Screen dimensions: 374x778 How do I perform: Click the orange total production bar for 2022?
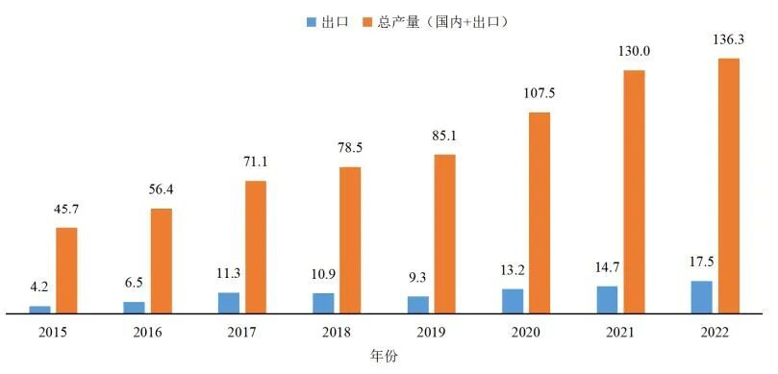click(x=728, y=186)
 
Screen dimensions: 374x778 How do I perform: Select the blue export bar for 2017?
click(x=229, y=303)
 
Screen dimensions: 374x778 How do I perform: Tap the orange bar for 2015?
click(x=66, y=270)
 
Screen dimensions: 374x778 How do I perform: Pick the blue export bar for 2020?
click(x=513, y=301)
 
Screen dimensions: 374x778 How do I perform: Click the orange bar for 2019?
click(x=444, y=234)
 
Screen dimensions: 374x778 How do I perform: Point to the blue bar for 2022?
click(x=702, y=297)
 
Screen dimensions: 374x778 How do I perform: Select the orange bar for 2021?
click(x=634, y=191)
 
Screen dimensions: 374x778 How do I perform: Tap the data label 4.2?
click(x=40, y=286)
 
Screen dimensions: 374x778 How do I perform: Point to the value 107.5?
click(x=539, y=93)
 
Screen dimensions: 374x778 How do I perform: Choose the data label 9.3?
click(x=417, y=276)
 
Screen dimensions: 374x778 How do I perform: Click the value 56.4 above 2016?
click(x=161, y=189)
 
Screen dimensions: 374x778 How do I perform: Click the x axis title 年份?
click(x=384, y=356)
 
